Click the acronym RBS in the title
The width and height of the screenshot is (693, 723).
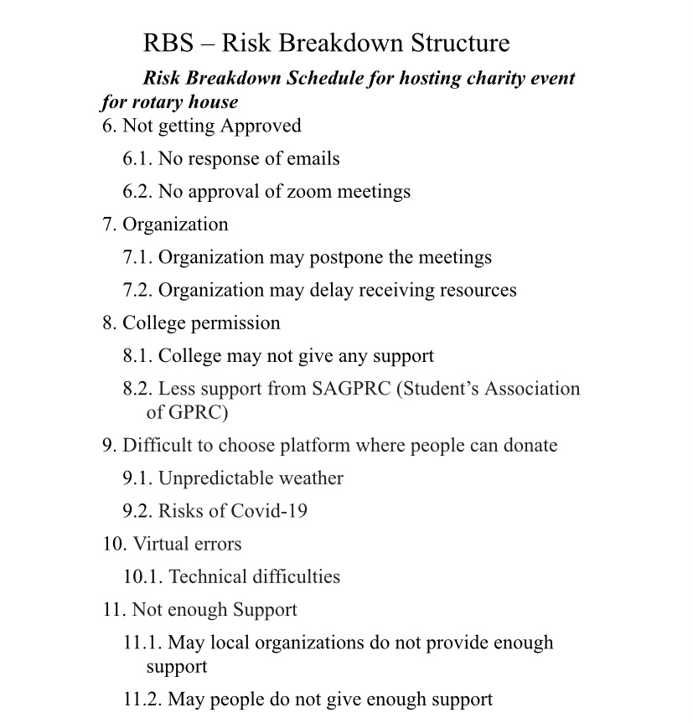click(x=167, y=43)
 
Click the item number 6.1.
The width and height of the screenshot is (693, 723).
click(x=137, y=158)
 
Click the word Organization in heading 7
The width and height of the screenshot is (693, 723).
click(x=175, y=225)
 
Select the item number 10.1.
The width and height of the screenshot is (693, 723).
click(x=142, y=576)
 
